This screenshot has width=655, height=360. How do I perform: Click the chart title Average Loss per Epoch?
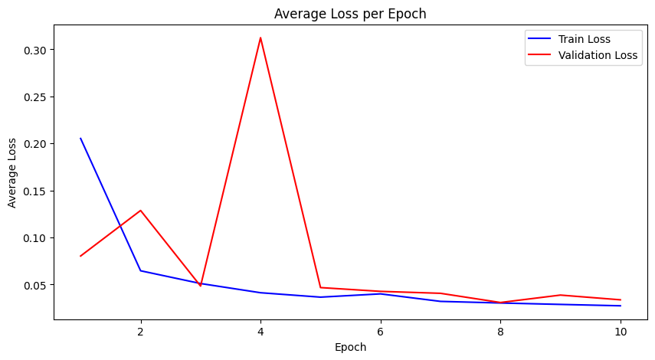350,13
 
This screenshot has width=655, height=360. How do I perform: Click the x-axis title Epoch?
350,347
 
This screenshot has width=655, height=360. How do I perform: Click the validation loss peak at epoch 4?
260,38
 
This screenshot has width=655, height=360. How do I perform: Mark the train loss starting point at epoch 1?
80,139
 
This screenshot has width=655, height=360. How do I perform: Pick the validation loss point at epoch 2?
140,210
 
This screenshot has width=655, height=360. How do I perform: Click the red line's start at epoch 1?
80,256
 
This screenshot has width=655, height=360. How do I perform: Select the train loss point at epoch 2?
140,270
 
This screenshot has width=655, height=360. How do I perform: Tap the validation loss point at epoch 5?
320,287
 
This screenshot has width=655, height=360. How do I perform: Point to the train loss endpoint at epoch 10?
621,306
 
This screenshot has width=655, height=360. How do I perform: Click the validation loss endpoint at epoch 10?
621,299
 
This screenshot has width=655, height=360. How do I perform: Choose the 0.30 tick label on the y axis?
34,50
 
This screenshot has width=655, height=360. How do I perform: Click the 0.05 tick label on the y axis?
34,285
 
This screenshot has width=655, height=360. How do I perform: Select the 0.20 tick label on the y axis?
34,144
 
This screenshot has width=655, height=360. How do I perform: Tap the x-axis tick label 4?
260,331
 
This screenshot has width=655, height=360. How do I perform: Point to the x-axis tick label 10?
621,331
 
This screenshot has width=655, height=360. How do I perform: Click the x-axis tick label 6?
381,331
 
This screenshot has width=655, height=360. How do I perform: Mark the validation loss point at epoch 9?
561,295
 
